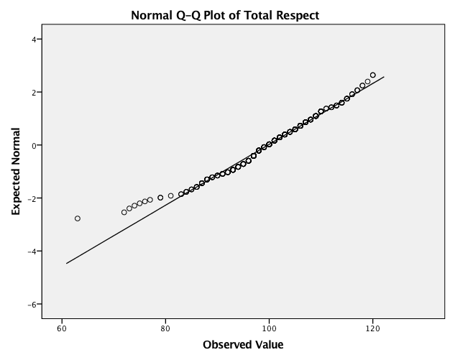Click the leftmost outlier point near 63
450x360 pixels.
coord(78,218)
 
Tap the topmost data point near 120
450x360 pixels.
coord(372,75)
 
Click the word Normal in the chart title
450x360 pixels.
coord(153,14)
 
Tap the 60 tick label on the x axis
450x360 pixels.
coord(62,329)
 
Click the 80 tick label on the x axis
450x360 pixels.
coord(165,329)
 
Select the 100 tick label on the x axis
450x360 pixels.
coord(269,329)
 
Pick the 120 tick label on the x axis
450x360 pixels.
coord(372,329)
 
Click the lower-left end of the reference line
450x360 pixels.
coord(67,263)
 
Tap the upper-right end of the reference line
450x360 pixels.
coord(384,76)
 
